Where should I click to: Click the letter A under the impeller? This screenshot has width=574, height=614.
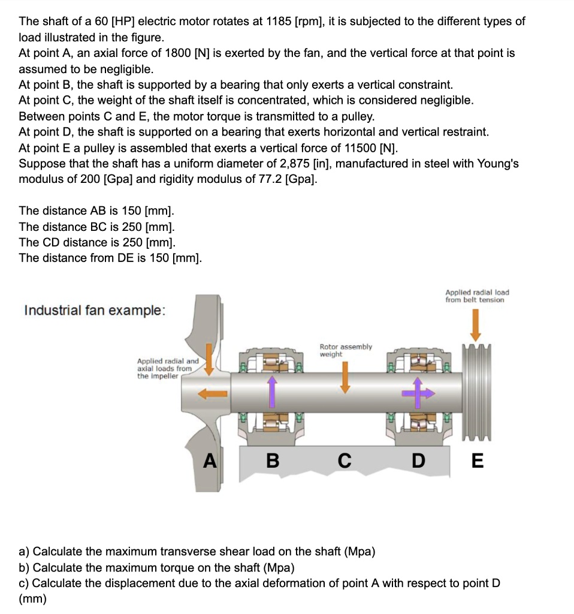click(x=209, y=460)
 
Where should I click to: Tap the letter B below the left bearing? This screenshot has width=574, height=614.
click(x=272, y=460)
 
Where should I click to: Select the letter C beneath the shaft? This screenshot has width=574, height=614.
click(x=344, y=460)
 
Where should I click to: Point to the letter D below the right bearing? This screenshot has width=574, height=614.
click(x=419, y=460)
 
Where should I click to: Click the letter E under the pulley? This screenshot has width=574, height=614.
click(x=477, y=460)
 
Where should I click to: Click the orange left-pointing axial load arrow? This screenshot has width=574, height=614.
click(x=213, y=394)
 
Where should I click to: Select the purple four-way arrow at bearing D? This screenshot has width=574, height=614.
click(x=419, y=393)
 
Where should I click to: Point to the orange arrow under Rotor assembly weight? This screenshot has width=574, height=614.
click(x=345, y=378)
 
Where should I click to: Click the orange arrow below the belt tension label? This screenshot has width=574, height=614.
click(x=475, y=324)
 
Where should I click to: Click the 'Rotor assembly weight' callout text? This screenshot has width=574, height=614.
click(x=345, y=350)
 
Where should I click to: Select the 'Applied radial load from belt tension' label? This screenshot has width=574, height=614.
click(x=476, y=296)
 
